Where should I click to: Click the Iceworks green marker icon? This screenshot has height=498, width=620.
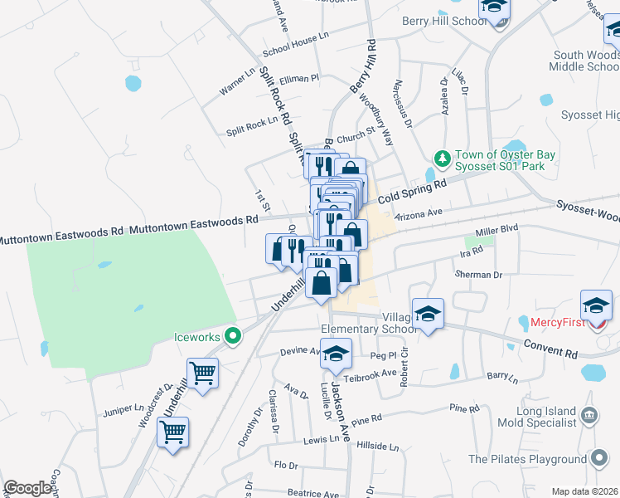point(234,336)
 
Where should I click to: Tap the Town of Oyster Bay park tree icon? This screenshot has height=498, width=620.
point(443,158)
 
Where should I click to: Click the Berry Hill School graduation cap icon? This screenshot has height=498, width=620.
point(496,8)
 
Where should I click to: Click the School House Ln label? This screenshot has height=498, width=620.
point(296,51)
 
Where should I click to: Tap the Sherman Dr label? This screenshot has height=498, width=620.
point(478,274)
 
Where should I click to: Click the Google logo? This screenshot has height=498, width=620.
point(27,489)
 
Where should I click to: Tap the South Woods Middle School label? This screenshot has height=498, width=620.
point(585,61)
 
